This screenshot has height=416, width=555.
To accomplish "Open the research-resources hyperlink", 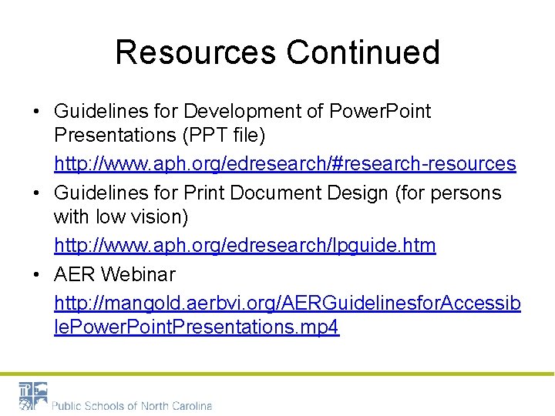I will tap(284, 163).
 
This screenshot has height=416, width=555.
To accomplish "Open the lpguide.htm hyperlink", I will tap(244, 246).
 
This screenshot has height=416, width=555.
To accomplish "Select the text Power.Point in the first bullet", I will tap(380, 112).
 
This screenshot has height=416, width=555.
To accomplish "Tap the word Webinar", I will tap(140, 274).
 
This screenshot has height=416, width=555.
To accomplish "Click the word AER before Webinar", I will tap(76, 274).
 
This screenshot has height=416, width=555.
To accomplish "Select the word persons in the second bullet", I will tap(469, 193).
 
